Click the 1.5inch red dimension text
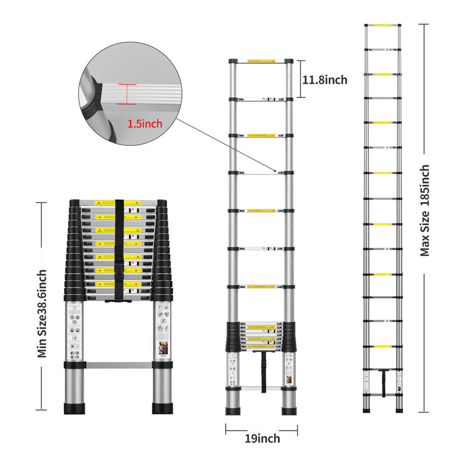(145, 124)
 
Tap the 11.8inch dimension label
(325, 80)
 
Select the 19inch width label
(262, 439)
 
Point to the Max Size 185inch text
(425, 210)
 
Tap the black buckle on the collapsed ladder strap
(119, 269)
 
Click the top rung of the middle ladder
(262, 61)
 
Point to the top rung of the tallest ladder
(383, 25)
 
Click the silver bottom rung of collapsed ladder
(119, 364)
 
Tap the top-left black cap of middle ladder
(232, 61)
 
